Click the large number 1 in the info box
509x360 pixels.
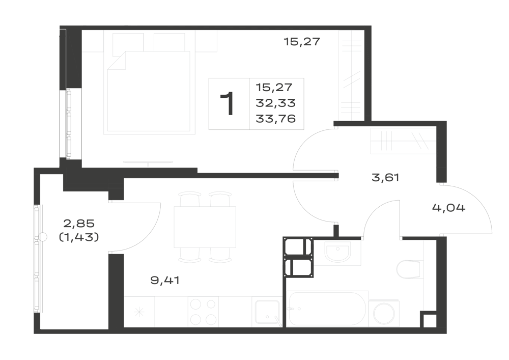click(228, 103)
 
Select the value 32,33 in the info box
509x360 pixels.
click(275, 103)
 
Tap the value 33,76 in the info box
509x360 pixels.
click(275, 119)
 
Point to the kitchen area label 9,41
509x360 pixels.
click(165, 280)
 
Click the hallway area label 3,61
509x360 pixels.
click(385, 178)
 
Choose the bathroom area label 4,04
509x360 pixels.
click(448, 207)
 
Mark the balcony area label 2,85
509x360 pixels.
click(79, 224)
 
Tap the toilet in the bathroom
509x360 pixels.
click(410, 269)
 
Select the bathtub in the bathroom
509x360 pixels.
click(327, 309)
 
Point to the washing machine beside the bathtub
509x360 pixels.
click(384, 314)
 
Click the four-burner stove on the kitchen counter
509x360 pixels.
click(203, 312)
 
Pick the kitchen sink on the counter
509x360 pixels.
click(267, 312)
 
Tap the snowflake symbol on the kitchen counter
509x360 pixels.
click(139, 313)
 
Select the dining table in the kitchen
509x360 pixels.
click(205, 227)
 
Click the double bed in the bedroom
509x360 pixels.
click(149, 91)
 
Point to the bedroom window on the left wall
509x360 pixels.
click(69, 124)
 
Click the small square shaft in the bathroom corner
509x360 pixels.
click(429, 320)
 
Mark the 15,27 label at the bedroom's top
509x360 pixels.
click(302, 42)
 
